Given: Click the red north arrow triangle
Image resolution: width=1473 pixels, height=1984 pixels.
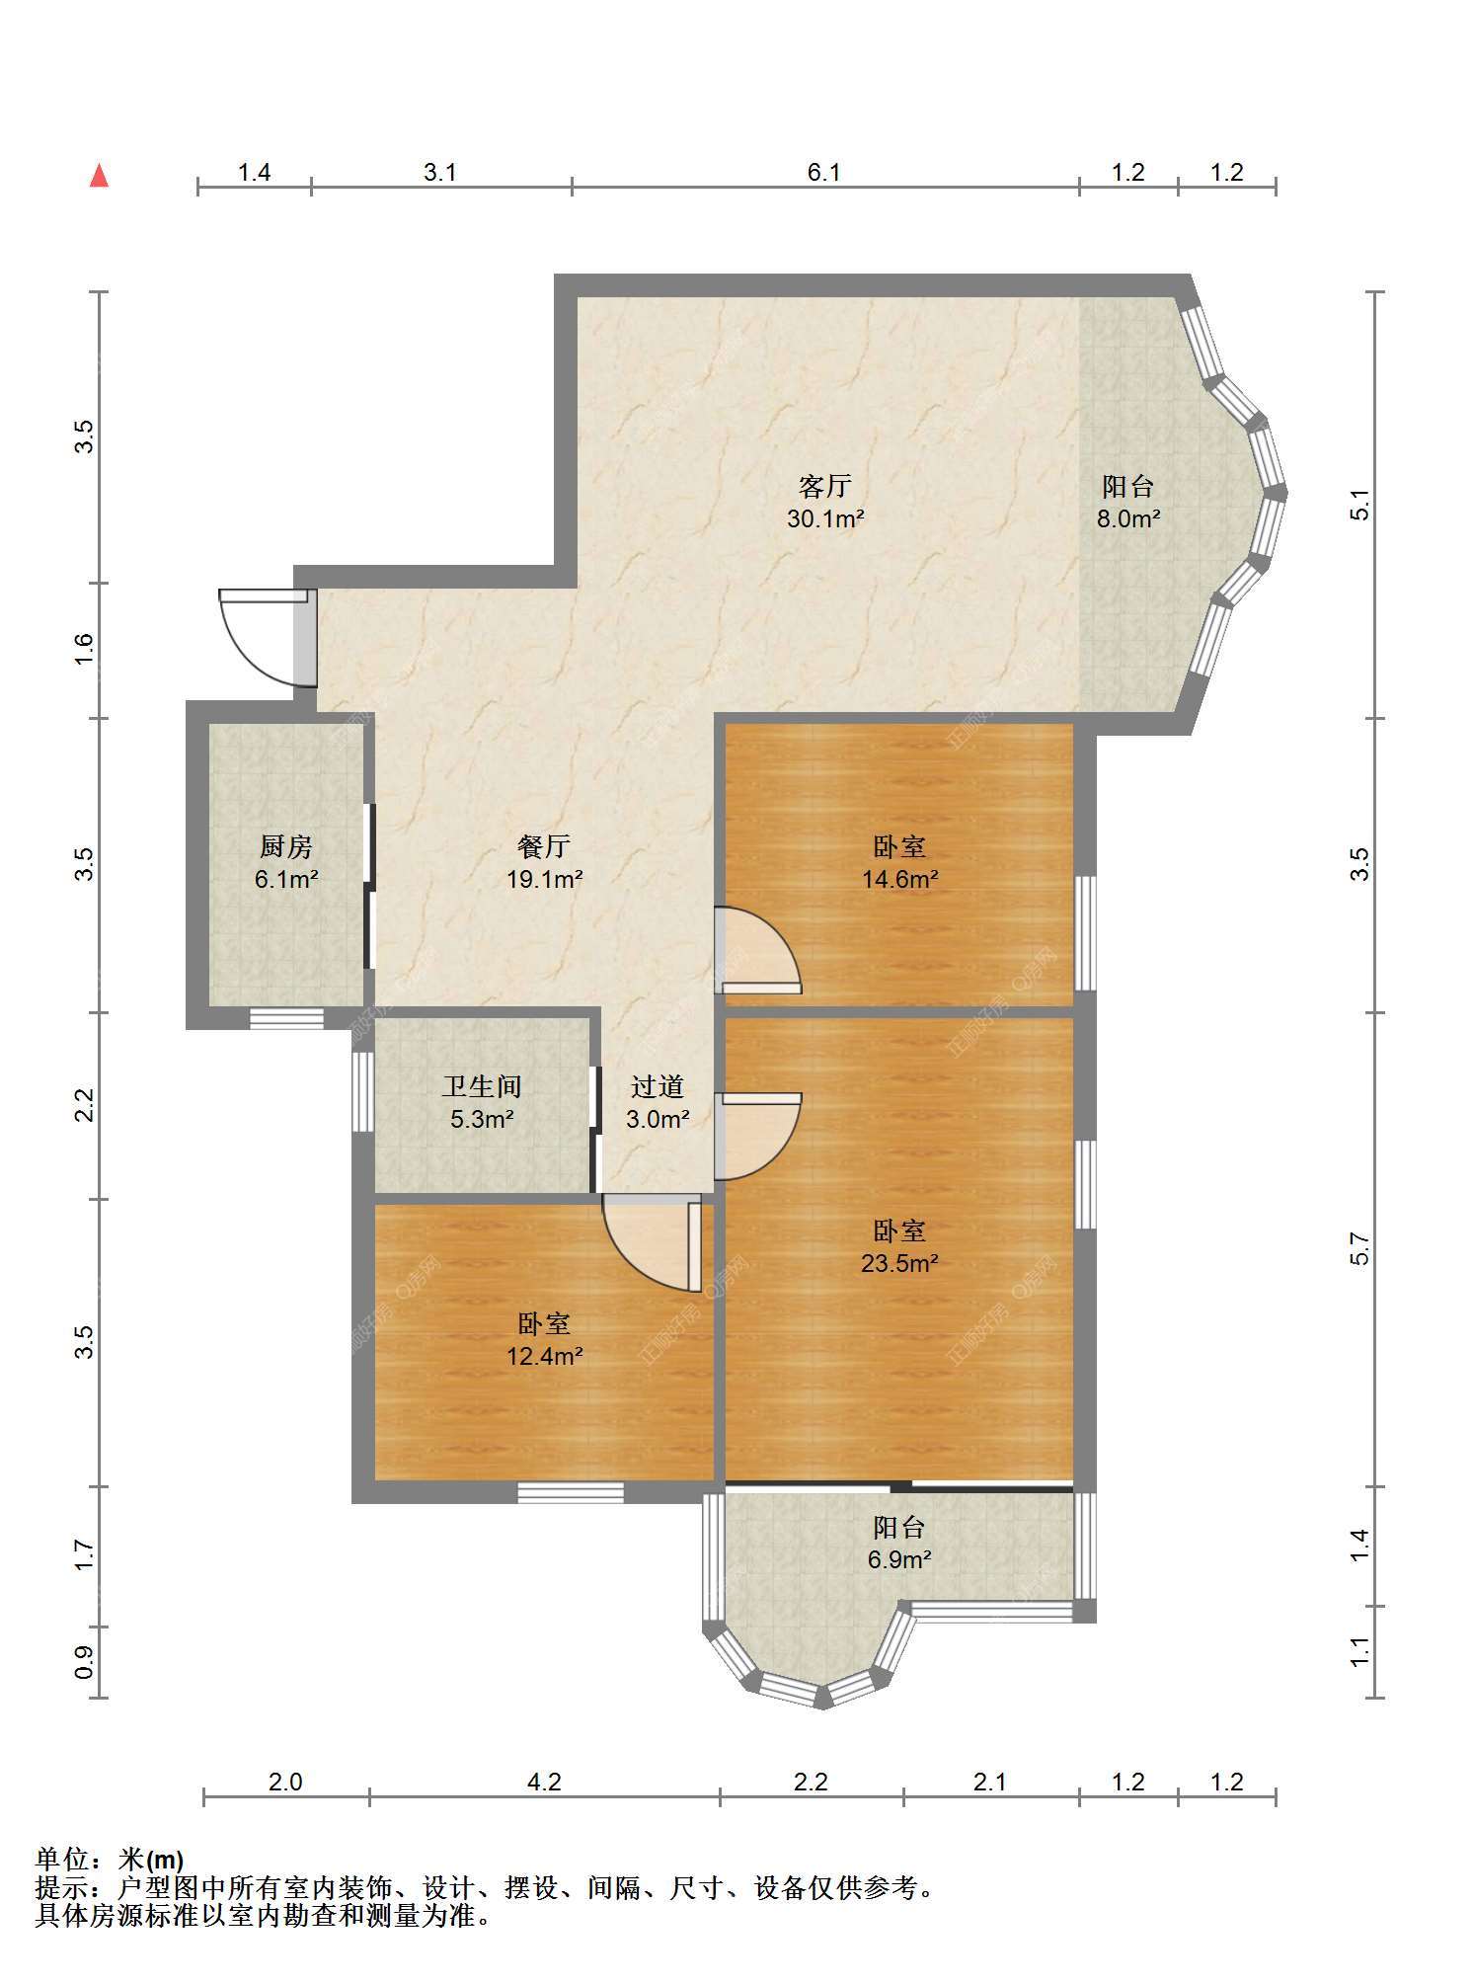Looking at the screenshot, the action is (99, 176).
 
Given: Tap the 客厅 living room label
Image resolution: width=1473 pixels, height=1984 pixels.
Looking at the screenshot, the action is (824, 486).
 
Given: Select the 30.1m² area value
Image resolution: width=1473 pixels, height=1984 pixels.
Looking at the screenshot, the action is (825, 518).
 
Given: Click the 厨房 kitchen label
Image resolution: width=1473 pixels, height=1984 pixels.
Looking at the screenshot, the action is (286, 846).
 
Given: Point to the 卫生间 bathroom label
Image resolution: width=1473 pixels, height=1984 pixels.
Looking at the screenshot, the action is (482, 1086).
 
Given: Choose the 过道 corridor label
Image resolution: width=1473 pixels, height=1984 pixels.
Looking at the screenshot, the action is (658, 1086).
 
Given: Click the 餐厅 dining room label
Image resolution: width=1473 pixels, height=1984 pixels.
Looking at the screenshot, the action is (544, 846).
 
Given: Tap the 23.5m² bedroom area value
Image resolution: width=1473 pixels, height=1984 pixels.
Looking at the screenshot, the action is (899, 1263).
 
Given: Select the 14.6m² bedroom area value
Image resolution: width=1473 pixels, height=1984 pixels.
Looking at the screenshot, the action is (899, 879).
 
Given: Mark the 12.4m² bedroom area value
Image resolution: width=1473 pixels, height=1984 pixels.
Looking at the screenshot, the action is (544, 1356).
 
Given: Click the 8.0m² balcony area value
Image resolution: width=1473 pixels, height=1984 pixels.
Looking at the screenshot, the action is (1128, 518).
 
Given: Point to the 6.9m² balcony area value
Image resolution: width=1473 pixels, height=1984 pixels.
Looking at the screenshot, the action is (899, 1560).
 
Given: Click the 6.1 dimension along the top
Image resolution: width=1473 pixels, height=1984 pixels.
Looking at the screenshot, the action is (824, 173).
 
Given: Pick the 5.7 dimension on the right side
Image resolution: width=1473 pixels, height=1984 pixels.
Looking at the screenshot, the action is (1360, 1249).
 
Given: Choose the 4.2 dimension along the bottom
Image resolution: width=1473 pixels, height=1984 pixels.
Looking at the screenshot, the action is (544, 1783).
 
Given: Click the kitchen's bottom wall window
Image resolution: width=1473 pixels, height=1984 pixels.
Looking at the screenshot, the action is (286, 1018).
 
